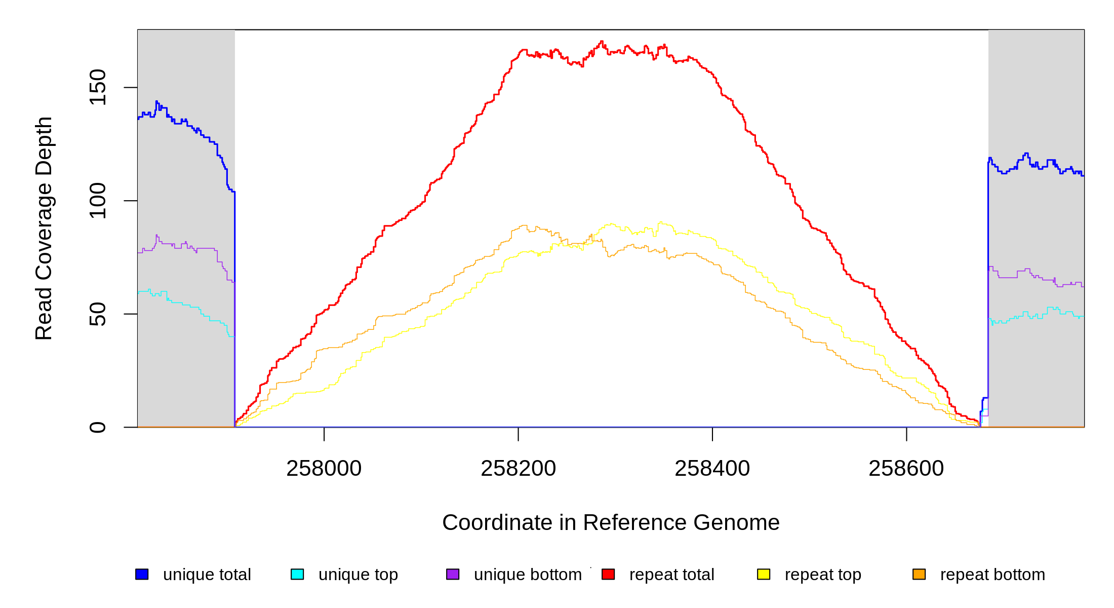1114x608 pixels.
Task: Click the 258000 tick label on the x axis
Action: (x=324, y=469)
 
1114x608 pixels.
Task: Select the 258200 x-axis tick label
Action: (x=518, y=469)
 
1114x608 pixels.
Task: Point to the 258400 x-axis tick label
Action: (x=712, y=469)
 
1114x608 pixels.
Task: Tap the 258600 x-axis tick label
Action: (x=906, y=469)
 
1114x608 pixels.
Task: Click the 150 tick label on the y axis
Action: (x=97, y=87)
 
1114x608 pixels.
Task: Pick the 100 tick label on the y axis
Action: (x=97, y=201)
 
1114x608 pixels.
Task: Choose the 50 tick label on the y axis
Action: (x=97, y=314)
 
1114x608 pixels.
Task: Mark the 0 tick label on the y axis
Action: (x=97, y=427)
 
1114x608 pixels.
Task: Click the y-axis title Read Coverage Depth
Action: (x=44, y=228)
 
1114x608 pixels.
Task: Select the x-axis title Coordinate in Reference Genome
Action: (x=611, y=522)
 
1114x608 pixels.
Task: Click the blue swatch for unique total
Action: (x=142, y=574)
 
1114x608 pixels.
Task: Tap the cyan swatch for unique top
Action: (x=297, y=574)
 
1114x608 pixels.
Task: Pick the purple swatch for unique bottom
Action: (x=453, y=574)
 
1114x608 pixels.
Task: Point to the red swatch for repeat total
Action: (x=608, y=574)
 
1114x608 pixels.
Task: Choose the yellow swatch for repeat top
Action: (x=764, y=574)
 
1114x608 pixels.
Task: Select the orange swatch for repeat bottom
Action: (x=919, y=574)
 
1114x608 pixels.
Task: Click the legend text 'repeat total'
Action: (x=671, y=575)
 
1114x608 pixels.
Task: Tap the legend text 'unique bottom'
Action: (x=528, y=575)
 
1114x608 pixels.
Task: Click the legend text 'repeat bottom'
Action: (x=992, y=575)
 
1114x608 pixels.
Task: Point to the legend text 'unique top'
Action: (x=358, y=575)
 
